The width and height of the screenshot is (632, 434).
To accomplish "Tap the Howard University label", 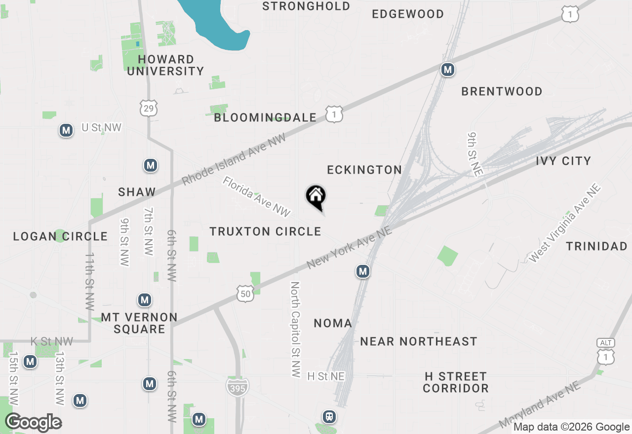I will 165,65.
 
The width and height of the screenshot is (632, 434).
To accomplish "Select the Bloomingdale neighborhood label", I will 265,117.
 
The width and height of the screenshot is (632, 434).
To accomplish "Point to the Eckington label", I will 364,170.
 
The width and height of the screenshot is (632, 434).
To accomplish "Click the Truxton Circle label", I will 265,231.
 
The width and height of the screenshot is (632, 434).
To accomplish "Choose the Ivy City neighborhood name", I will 563,161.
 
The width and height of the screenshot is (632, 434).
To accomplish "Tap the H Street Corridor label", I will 455,382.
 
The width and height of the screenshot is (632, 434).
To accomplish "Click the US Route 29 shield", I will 149,108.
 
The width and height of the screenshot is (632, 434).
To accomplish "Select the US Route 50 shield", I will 245,293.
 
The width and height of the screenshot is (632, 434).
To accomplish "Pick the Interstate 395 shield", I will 238,386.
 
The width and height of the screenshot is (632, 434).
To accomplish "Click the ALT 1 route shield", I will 606,352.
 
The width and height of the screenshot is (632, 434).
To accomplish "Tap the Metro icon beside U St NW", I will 66,131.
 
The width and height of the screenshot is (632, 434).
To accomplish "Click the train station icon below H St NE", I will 329,417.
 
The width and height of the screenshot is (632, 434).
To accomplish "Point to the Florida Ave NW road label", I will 256,197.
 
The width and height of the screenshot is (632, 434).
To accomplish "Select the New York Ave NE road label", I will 349,248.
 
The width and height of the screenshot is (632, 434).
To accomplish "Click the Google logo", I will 33,423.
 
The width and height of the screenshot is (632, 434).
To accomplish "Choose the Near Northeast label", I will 418,341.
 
